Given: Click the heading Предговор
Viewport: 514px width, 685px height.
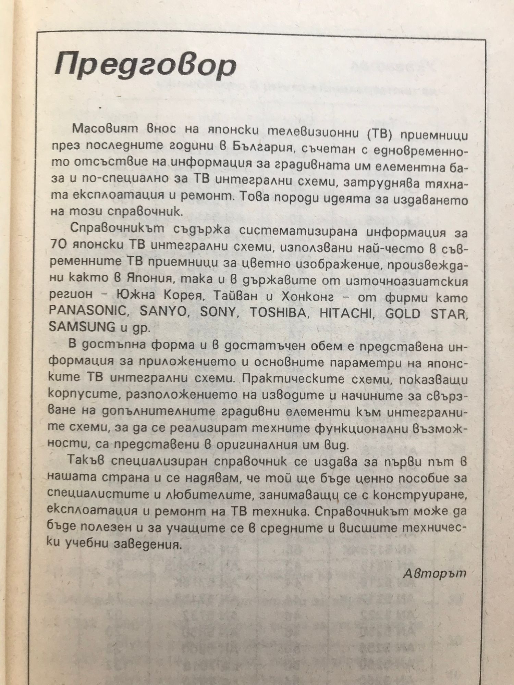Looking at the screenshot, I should click(146, 66).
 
